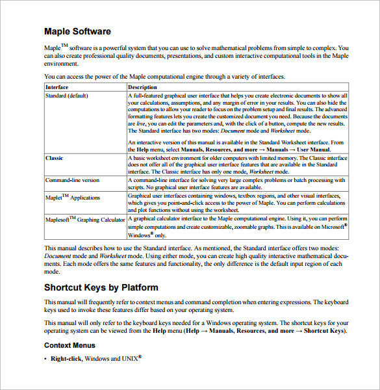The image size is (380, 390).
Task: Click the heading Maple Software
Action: coord(77,31)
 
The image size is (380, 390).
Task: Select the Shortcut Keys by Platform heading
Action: coord(101,287)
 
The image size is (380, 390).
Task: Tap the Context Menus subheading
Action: coord(70,345)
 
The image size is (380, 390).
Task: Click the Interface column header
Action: coord(57,87)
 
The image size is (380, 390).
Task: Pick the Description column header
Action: coord(142,87)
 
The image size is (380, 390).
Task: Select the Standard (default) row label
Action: coord(68,96)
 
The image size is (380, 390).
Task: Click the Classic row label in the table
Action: coord(55,158)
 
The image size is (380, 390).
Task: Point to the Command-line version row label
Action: coord(73,180)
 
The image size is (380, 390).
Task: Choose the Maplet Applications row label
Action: coord(73,198)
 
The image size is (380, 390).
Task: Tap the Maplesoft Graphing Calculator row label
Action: coord(85,220)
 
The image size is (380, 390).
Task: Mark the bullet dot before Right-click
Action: coord(45,359)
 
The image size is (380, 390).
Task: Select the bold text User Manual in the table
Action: coord(311,149)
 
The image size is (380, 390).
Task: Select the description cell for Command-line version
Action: coord(237,183)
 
